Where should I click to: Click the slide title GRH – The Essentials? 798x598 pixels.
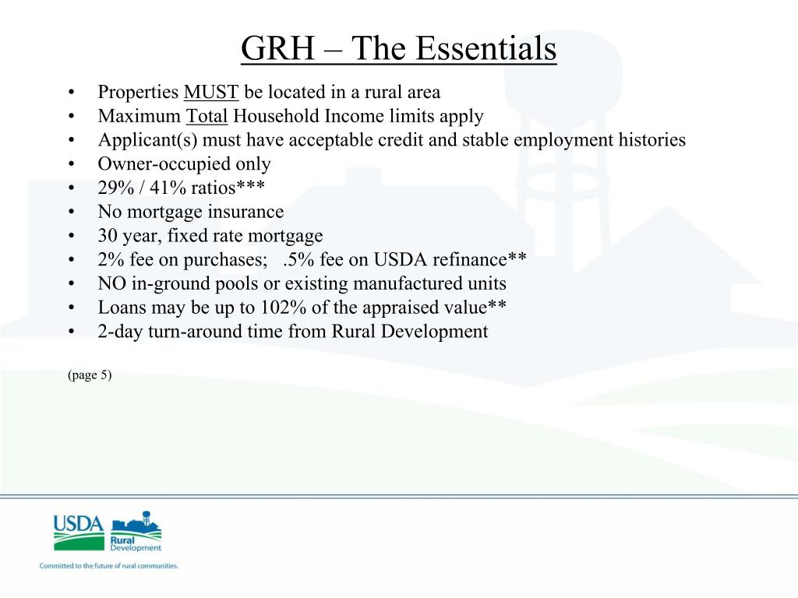(x=398, y=48)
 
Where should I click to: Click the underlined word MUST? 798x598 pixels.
(x=210, y=93)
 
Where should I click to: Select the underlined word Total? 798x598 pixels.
(x=207, y=117)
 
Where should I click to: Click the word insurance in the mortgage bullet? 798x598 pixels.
(x=245, y=212)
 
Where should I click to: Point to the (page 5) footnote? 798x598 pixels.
(x=90, y=375)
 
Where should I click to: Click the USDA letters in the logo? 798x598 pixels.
(x=78, y=522)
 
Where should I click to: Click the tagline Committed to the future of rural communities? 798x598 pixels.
(x=109, y=566)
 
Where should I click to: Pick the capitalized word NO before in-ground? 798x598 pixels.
(x=110, y=283)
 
